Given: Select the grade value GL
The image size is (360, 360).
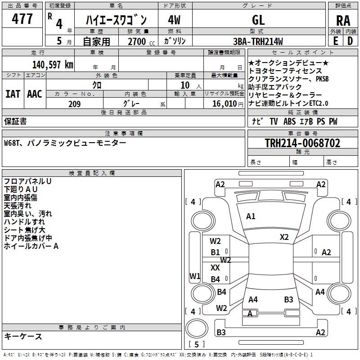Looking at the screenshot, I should (x=258, y=20).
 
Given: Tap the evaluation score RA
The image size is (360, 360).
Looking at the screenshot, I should (x=343, y=20).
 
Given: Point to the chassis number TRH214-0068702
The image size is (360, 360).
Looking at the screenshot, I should (x=302, y=144).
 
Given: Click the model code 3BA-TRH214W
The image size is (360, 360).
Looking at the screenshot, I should (x=261, y=41).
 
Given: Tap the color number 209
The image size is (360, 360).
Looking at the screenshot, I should (x=74, y=104).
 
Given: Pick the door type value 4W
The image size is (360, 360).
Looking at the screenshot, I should (x=174, y=20).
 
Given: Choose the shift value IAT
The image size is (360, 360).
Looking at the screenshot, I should (x=13, y=94).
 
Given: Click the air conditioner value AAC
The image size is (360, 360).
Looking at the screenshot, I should (x=35, y=94).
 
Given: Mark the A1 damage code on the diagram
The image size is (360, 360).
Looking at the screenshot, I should (x=251, y=216).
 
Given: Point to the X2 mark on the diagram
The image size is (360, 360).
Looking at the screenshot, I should (x=284, y=237).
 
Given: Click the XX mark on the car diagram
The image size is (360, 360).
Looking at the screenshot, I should (x=215, y=267).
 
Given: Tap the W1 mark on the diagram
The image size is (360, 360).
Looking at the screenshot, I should (x=195, y=276).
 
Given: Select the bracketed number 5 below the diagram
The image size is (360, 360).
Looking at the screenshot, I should (x=197, y=344).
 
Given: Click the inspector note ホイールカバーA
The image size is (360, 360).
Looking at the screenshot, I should (x=31, y=246).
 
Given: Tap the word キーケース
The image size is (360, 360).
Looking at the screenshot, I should (x=23, y=336).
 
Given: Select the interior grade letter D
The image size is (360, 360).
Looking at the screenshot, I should (x=350, y=40).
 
